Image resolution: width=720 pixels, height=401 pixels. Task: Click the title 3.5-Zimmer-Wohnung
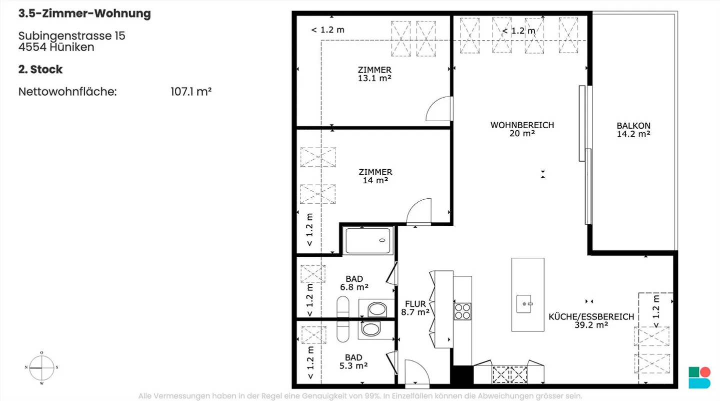pos(84,14)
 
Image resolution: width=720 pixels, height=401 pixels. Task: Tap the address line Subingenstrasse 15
pos(71,36)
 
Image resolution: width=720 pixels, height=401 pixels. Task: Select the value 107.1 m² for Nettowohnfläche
pos(191,92)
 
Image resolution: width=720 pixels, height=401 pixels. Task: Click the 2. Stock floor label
pos(40,69)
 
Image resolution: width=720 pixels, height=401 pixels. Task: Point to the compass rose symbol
pos(42,368)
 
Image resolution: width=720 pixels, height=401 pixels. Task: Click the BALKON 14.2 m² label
pos(633,130)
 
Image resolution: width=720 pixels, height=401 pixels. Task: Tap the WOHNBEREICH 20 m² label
pos(522,129)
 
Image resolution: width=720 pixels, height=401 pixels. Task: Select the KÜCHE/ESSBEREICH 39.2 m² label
pos(591,321)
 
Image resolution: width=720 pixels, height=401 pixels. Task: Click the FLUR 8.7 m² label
pos(415,308)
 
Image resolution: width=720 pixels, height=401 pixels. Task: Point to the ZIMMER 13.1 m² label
pos(375,74)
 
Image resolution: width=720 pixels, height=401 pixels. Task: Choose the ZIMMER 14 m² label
pos(375,176)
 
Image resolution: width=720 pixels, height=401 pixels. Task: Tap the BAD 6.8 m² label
pos(354,283)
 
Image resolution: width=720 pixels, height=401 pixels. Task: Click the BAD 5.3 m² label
pos(353,362)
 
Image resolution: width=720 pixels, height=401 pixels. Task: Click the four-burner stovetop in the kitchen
pos(462,311)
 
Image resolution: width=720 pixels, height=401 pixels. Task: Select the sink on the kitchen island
pos(524,304)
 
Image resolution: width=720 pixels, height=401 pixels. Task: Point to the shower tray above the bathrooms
pos(368,240)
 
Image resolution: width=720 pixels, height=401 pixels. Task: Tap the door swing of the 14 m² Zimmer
pos(414,205)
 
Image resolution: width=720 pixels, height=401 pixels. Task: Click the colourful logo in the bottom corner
pos(699,377)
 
